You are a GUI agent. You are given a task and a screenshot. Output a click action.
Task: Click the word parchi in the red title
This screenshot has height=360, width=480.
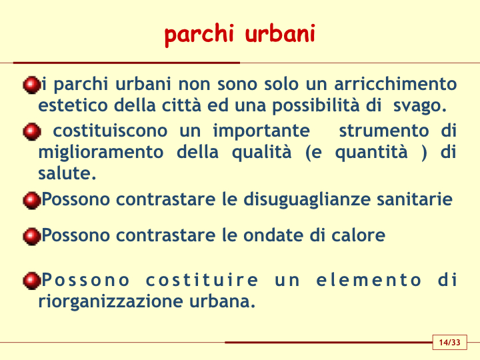pos(199,35)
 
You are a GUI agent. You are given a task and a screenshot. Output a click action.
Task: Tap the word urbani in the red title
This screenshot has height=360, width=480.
pos(280,33)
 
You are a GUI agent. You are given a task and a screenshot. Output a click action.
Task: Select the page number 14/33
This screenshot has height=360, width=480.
pos(449,342)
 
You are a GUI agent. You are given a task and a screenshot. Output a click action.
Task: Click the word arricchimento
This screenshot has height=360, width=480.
pos(395,83)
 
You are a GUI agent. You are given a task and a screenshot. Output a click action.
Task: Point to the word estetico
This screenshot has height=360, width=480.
pos(73,105)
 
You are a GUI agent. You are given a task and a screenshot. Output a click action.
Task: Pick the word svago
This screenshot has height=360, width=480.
pos(420,106)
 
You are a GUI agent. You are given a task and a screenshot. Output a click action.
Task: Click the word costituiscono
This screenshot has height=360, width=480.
pos(110,131)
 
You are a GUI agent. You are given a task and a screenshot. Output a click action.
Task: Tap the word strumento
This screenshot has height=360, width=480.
pos(384,131)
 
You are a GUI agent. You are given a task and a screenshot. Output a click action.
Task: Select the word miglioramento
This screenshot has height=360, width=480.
pos(101,153)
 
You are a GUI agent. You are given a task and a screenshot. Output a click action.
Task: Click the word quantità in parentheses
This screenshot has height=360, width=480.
pos(371,153)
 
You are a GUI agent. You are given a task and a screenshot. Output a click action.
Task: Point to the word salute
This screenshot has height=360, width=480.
pos(67,173)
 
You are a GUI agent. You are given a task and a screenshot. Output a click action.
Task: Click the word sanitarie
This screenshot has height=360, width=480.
pos(415,199)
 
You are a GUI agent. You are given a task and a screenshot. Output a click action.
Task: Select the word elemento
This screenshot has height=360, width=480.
pos(369,280)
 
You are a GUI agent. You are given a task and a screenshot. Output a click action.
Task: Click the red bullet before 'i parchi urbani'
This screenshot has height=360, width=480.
pos(31,85)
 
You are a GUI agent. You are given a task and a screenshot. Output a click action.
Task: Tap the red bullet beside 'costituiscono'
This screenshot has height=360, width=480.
pos(31,131)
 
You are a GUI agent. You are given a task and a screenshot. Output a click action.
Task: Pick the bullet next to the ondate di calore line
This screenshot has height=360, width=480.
pos(31,236)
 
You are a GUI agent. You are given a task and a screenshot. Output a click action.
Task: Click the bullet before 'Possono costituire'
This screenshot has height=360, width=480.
pos(31,281)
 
